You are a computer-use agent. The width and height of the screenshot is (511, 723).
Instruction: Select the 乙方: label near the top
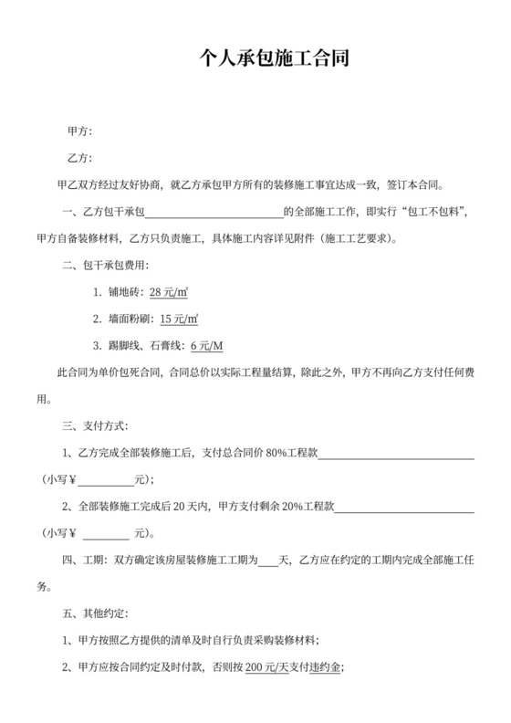[80, 158]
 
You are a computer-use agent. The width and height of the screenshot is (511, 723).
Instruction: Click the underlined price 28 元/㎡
[169, 293]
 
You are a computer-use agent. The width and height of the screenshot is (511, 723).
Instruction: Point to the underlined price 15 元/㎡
[179, 320]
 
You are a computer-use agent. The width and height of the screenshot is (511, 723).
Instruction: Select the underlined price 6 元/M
[205, 346]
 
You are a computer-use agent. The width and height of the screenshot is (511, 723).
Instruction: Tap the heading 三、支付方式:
[95, 425]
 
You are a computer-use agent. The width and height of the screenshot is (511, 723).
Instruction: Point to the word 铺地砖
[126, 293]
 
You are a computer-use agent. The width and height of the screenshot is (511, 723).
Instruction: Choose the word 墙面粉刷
[131, 320]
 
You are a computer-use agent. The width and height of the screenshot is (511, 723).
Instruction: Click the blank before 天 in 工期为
[267, 559]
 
